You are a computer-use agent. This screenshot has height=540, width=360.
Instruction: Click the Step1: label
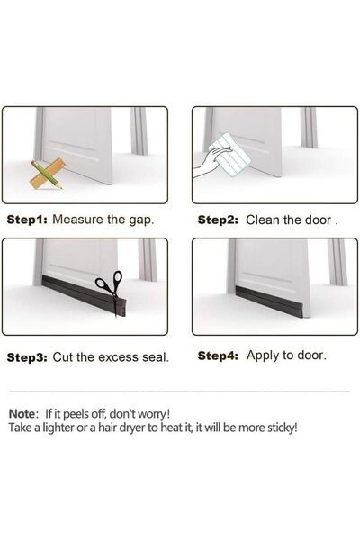28,219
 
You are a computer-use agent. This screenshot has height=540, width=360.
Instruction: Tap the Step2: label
218,219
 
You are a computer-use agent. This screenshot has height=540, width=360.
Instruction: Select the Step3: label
28,356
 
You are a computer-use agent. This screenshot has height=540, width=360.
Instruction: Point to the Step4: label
218,355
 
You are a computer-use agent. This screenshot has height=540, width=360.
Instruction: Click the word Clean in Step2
266,219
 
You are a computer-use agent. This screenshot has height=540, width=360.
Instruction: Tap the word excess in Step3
100,356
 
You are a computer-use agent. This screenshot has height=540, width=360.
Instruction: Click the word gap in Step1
141,220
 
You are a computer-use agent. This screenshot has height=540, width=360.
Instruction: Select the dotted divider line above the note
180,391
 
